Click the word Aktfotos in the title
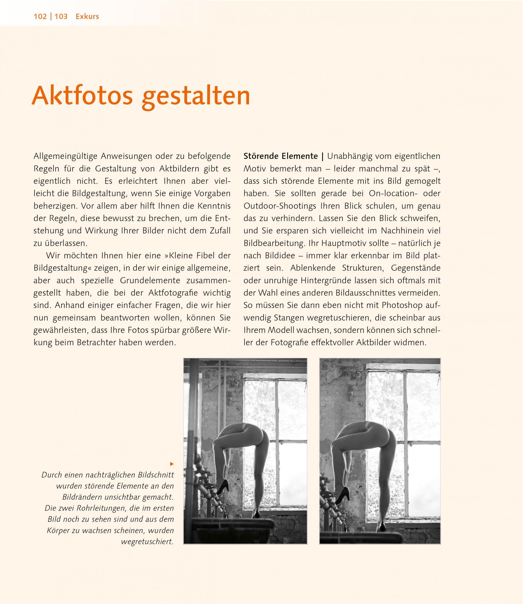[82, 96]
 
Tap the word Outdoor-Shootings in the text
[280, 206]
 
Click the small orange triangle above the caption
[172, 464]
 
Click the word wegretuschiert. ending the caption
[147, 541]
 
